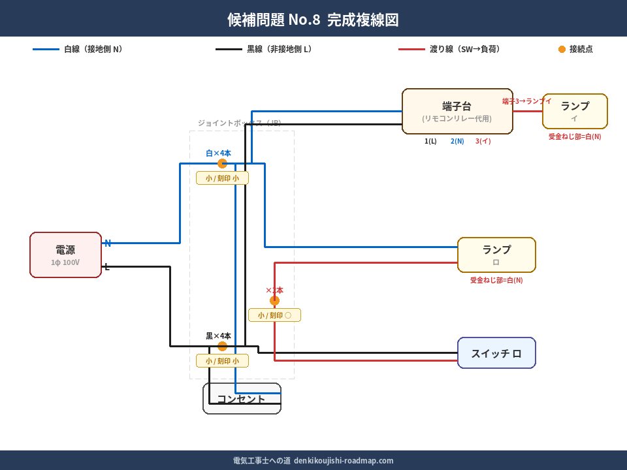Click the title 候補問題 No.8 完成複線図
313,20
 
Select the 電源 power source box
65,255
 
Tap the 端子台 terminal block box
457,111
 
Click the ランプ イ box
575,111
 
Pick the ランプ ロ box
496,255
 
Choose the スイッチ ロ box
496,353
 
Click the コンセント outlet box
242,399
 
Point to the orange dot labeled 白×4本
222,163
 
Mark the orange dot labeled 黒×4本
222,346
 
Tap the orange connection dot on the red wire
274,300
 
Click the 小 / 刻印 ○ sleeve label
274,315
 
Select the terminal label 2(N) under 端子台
457,141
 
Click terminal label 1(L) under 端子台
430,141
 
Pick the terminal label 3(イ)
483,141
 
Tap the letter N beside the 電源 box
108,243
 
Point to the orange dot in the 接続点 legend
562,49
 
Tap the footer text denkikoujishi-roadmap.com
344,460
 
